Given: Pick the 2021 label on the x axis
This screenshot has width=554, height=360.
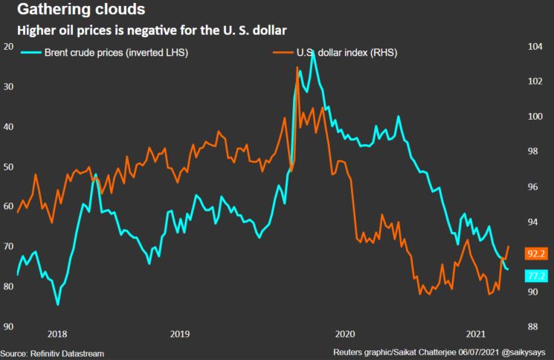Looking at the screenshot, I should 477,335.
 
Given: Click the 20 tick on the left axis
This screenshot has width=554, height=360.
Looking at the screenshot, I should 9,47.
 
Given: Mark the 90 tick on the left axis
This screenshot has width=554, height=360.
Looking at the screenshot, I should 9,327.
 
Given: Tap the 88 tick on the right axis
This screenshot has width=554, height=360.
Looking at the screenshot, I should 533,327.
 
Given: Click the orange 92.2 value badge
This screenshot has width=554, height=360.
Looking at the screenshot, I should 536,254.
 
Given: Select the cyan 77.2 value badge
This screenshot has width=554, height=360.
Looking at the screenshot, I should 536,276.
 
